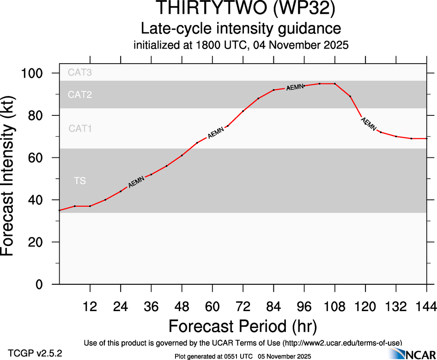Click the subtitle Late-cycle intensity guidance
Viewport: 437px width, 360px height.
click(x=241, y=29)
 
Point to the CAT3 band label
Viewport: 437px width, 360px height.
click(x=80, y=72)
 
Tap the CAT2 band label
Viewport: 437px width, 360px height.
click(x=80, y=95)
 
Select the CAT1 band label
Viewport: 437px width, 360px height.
click(x=80, y=129)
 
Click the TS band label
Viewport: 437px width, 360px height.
click(x=80, y=181)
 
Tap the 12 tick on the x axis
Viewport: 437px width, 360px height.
click(x=90, y=307)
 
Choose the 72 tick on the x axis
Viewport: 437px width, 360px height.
click(x=243, y=307)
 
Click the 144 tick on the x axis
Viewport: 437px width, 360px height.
click(x=426, y=307)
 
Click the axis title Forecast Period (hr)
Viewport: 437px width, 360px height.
click(x=243, y=326)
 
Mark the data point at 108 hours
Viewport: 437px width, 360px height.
click(x=335, y=84)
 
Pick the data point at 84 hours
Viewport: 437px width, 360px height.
click(x=273, y=90)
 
